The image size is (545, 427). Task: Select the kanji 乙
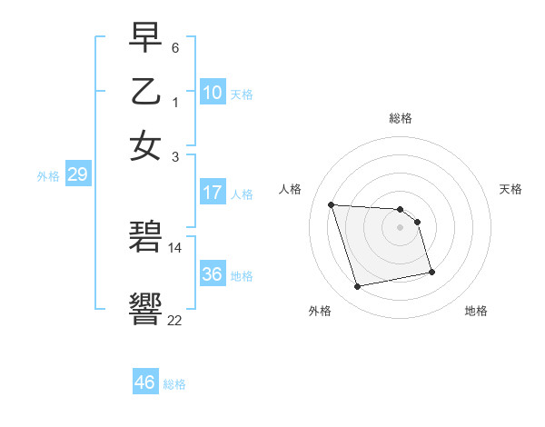click(146, 92)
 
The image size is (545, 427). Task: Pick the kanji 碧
click(146, 238)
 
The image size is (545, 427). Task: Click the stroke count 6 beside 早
click(175, 46)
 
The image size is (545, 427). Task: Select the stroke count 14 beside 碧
click(175, 247)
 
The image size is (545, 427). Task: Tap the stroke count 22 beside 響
click(175, 319)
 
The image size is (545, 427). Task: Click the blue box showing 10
click(213, 93)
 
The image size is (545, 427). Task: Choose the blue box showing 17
click(213, 193)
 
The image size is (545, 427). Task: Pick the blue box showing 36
click(213, 274)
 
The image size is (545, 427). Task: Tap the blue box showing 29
click(77, 174)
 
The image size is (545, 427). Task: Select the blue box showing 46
click(145, 382)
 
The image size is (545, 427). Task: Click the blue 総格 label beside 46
click(174, 384)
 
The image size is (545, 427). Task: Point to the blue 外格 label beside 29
click(47, 176)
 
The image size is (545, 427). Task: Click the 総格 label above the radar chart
click(401, 118)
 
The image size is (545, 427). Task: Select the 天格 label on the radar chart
click(510, 189)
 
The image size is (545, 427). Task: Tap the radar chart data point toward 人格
click(332, 204)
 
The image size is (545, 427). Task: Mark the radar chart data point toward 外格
click(358, 287)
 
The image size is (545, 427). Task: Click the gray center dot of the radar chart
click(401, 227)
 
